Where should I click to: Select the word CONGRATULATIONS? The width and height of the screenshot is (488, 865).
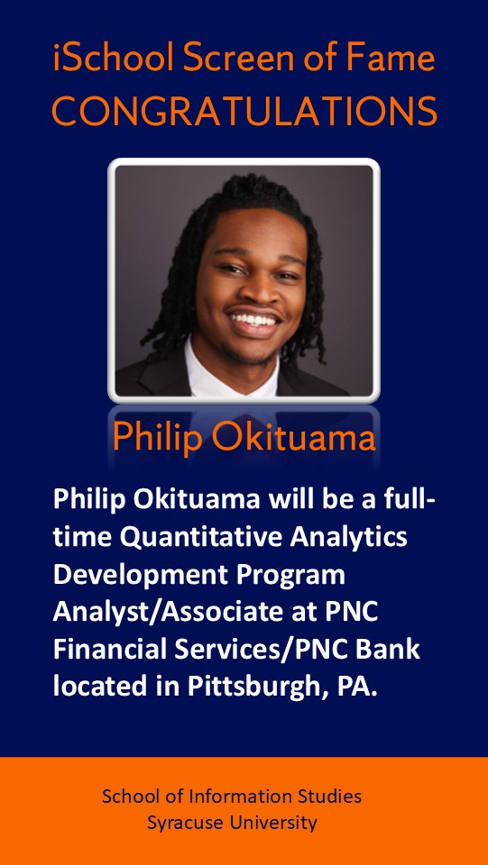(244, 110)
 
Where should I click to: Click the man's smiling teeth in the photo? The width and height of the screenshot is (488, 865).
(254, 319)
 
